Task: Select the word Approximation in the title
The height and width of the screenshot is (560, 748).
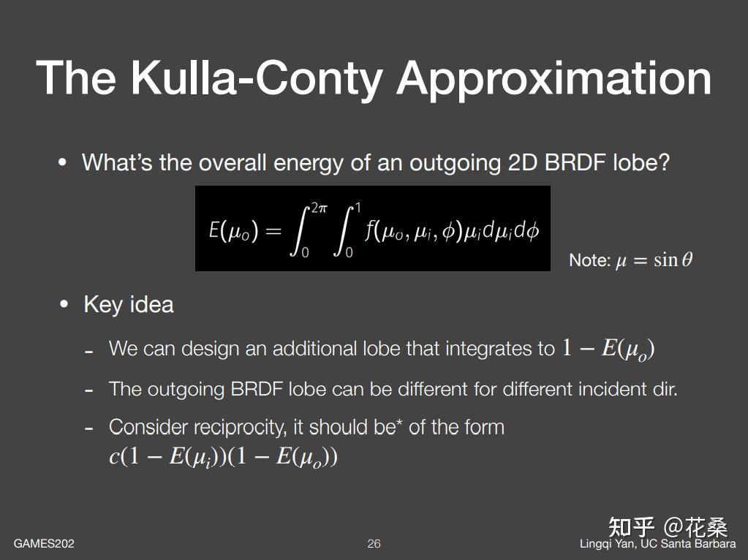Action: [554, 77]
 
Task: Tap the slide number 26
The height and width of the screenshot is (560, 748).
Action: [374, 544]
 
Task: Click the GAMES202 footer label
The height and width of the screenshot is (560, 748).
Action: [44, 544]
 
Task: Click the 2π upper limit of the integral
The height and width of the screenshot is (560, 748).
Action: [319, 209]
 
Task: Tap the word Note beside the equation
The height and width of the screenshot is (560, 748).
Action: [589, 260]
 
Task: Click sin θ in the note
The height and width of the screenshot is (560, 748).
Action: [673, 260]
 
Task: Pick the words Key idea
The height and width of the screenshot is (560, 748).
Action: [129, 304]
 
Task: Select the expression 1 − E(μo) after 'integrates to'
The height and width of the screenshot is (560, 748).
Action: [608, 349]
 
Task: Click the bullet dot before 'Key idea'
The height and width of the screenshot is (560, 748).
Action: [64, 304]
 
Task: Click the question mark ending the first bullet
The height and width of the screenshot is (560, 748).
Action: [664, 162]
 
